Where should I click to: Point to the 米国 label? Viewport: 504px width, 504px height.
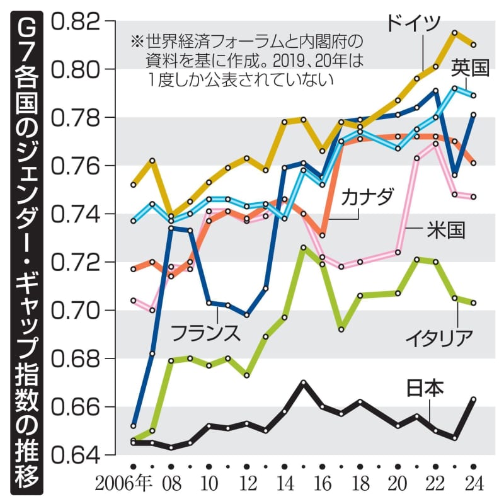pos(444,231)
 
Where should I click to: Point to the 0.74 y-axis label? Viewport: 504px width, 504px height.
pos(76,214)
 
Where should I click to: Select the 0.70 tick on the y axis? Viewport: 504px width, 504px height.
pos(76,311)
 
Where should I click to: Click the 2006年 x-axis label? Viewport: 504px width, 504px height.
pos(125,485)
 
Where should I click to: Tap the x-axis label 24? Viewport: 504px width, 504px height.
pos(474,485)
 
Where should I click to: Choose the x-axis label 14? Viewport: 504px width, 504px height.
pos(285,485)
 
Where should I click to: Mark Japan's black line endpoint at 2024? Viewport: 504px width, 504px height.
pos(474,399)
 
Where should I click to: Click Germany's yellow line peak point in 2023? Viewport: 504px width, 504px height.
pos(454,31)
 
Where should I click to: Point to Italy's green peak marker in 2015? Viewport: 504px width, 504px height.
pos(304,248)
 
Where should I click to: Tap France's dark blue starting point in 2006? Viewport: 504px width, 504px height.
pos(134,425)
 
